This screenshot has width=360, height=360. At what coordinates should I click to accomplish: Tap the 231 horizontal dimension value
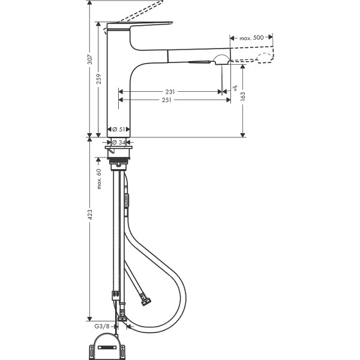tap(171, 92)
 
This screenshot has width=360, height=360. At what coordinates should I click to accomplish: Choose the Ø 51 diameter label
tap(118, 129)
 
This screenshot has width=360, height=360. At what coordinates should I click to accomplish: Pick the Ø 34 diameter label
tap(118, 142)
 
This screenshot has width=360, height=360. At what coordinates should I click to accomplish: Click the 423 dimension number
tap(89, 214)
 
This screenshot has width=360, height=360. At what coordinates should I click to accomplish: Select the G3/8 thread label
tap(102, 326)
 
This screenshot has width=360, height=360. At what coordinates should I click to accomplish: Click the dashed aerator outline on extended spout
tap(265, 58)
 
